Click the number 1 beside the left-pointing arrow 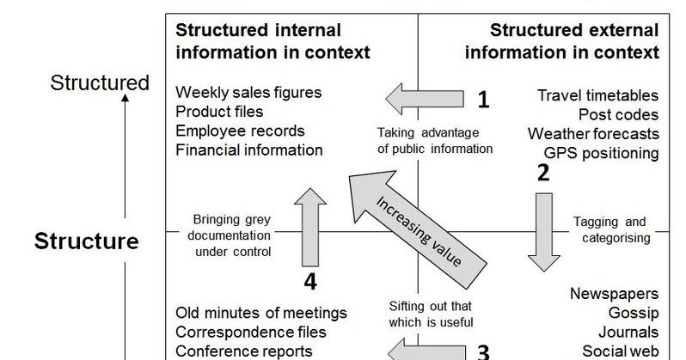483,101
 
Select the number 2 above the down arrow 542,173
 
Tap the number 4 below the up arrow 312,281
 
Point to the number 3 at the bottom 483,352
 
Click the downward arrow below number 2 542,230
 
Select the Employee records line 240,131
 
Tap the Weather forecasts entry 593,134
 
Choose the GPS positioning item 601,153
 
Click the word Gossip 634,313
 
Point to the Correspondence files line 250,331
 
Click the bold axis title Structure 86,241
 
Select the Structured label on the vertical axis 100,83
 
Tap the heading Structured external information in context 562,41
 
